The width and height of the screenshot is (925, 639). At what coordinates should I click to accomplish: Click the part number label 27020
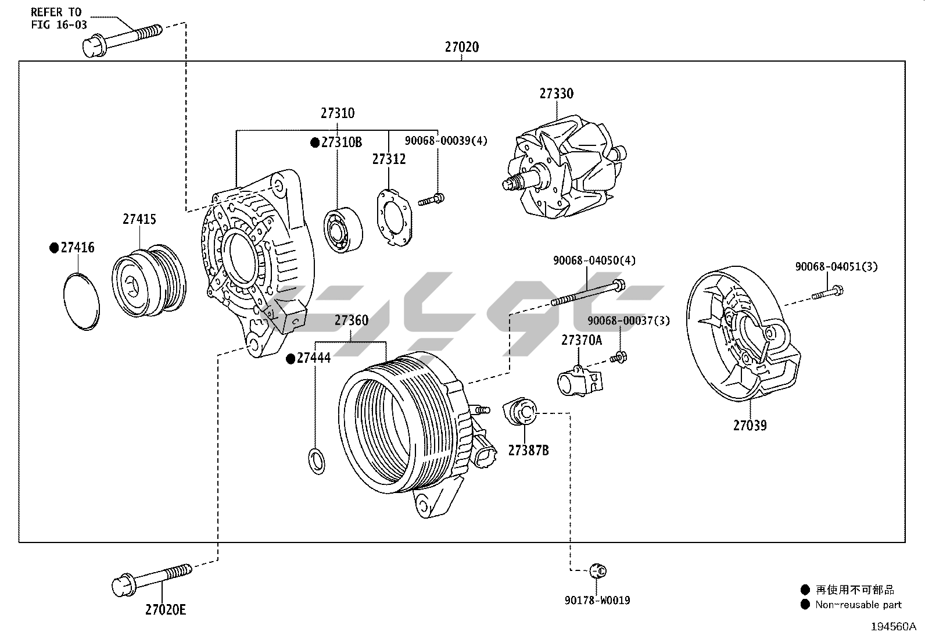tap(462, 47)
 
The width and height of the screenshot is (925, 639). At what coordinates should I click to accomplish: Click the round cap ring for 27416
tap(81, 301)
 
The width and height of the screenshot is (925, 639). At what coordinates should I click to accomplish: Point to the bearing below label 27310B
tap(343, 229)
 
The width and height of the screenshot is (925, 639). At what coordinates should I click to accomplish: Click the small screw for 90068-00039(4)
tap(431, 199)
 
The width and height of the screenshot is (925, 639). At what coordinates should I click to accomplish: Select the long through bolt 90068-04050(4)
tap(587, 293)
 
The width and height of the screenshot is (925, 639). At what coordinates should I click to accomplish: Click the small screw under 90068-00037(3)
tap(618, 357)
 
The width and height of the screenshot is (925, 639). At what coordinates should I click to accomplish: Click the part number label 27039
tap(750, 425)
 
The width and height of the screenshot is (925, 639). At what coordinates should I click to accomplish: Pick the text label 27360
tap(351, 320)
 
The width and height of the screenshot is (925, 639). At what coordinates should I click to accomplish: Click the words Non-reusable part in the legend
tap(858, 605)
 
